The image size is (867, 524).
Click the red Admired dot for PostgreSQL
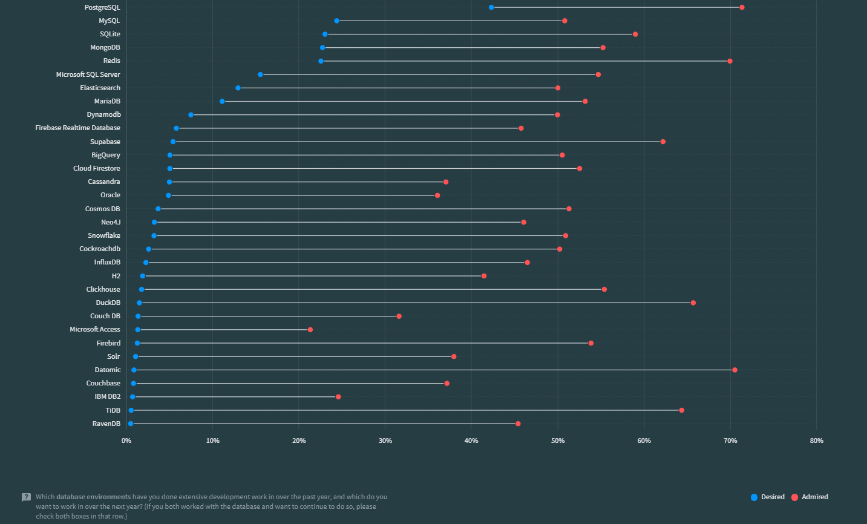click(742, 7)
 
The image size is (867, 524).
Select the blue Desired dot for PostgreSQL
click(491, 7)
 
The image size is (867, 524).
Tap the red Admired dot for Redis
click(730, 61)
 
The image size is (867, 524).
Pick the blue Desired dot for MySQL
click(336, 21)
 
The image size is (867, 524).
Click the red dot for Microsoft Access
click(310, 330)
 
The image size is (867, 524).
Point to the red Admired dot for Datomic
click(734, 370)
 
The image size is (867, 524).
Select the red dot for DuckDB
click(693, 303)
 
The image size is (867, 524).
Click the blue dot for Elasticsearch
click(238, 88)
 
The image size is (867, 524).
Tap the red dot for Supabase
click(663, 142)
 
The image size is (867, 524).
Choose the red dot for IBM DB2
click(338, 397)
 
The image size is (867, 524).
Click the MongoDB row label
click(105, 47)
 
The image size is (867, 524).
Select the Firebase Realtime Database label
click(77, 128)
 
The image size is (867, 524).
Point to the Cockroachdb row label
click(100, 249)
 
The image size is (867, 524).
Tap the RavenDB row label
click(106, 424)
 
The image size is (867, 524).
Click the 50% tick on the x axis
click(558, 440)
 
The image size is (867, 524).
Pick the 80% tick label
click(816, 440)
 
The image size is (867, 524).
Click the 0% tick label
click(126, 440)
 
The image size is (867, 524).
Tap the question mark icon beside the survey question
click(26, 497)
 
